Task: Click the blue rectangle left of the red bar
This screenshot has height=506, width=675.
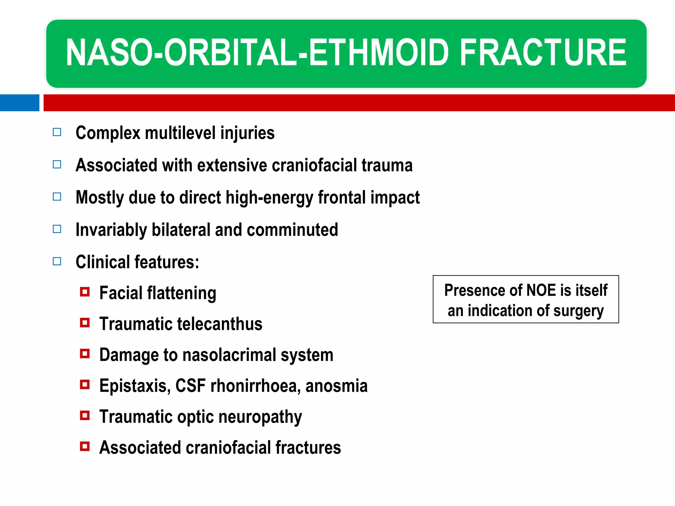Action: (19, 103)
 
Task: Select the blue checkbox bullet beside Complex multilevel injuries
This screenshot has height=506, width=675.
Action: (57, 132)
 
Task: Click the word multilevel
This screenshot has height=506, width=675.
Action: (180, 133)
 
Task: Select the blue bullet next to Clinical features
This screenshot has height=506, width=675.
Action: (57, 262)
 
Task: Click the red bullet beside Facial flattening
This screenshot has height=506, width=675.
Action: (85, 292)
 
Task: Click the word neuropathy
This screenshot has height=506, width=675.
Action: (260, 417)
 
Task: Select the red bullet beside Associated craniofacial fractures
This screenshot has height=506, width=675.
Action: (85, 446)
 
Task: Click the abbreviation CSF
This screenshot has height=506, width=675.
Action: (190, 386)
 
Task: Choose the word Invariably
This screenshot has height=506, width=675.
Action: (111, 230)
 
